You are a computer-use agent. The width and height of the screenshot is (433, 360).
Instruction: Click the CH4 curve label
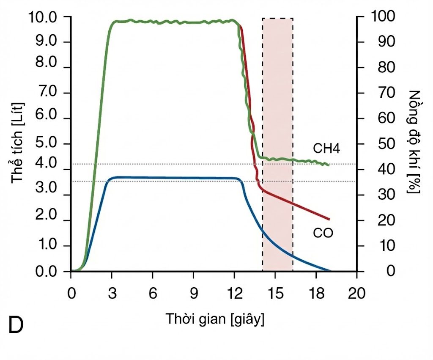tap(326, 148)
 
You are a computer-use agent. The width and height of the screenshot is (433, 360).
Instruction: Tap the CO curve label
tap(323, 233)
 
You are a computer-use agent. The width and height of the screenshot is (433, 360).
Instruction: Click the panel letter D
tap(16, 325)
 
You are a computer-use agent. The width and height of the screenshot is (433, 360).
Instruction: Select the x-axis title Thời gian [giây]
tap(215, 319)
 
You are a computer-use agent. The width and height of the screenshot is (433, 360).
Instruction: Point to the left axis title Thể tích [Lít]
tap(17, 143)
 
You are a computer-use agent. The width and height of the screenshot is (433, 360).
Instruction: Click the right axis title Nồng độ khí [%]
tap(414, 142)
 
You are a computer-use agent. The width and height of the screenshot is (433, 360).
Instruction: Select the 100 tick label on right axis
tap(383, 16)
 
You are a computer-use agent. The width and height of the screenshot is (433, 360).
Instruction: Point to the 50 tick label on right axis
tap(386, 144)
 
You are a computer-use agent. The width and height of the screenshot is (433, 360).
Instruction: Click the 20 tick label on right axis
tap(386, 220)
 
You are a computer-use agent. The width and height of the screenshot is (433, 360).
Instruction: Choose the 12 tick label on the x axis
tap(234, 293)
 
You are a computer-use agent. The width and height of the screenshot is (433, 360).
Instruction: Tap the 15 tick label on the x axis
tap(275, 293)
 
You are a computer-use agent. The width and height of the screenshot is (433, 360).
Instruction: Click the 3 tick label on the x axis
tap(112, 293)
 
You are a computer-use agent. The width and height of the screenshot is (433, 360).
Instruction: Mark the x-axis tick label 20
tap(356, 293)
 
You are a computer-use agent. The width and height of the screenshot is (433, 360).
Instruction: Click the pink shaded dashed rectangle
tap(277, 145)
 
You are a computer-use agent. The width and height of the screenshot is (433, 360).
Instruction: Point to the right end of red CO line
tap(329, 220)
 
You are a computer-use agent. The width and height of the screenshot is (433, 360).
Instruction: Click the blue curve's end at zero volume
tap(330, 271)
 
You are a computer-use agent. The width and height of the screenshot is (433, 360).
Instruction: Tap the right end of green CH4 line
tap(329, 165)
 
